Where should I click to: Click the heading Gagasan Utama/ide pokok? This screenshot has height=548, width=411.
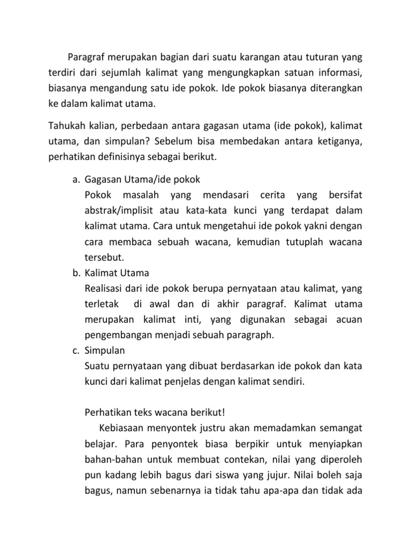(142, 179)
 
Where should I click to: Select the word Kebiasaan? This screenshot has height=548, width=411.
(122, 428)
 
